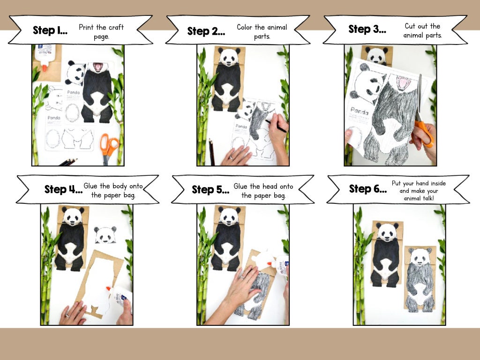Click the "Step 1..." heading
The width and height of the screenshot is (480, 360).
(x=50, y=31)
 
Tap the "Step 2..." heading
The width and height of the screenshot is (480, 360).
(x=206, y=31)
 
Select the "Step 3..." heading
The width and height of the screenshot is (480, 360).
(x=367, y=29)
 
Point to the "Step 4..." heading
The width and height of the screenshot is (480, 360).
(x=63, y=189)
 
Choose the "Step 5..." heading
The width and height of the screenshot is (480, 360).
(x=210, y=190)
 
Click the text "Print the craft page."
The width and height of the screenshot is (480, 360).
(x=101, y=31)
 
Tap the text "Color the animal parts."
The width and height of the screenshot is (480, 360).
(x=262, y=31)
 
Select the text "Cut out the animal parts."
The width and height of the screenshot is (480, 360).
(x=422, y=30)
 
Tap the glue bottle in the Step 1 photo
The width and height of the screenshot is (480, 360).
(x=45, y=57)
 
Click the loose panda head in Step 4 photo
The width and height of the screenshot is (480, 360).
(x=105, y=235)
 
